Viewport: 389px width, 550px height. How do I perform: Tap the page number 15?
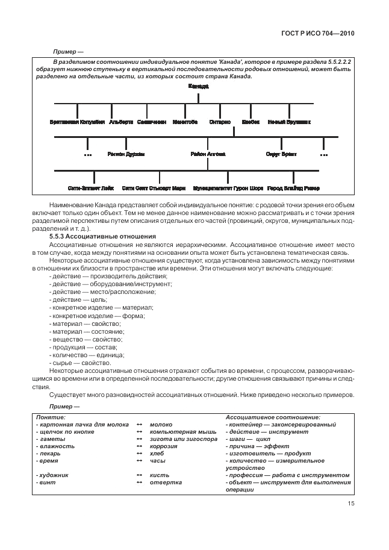(350, 505)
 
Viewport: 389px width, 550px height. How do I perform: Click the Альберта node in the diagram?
(121, 122)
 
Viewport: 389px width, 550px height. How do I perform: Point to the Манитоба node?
(185, 122)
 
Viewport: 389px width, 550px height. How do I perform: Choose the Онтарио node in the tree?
(220, 122)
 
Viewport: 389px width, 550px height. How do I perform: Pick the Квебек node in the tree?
(251, 122)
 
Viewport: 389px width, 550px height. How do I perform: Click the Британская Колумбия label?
(77, 122)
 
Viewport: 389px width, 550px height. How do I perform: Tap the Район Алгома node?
(208, 155)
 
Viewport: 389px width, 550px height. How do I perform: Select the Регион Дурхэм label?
(126, 155)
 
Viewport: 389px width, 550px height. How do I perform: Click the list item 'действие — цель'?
(79, 299)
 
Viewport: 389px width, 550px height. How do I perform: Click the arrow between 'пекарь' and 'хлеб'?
(139, 454)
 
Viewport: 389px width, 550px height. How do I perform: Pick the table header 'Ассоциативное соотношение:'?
(273, 417)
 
